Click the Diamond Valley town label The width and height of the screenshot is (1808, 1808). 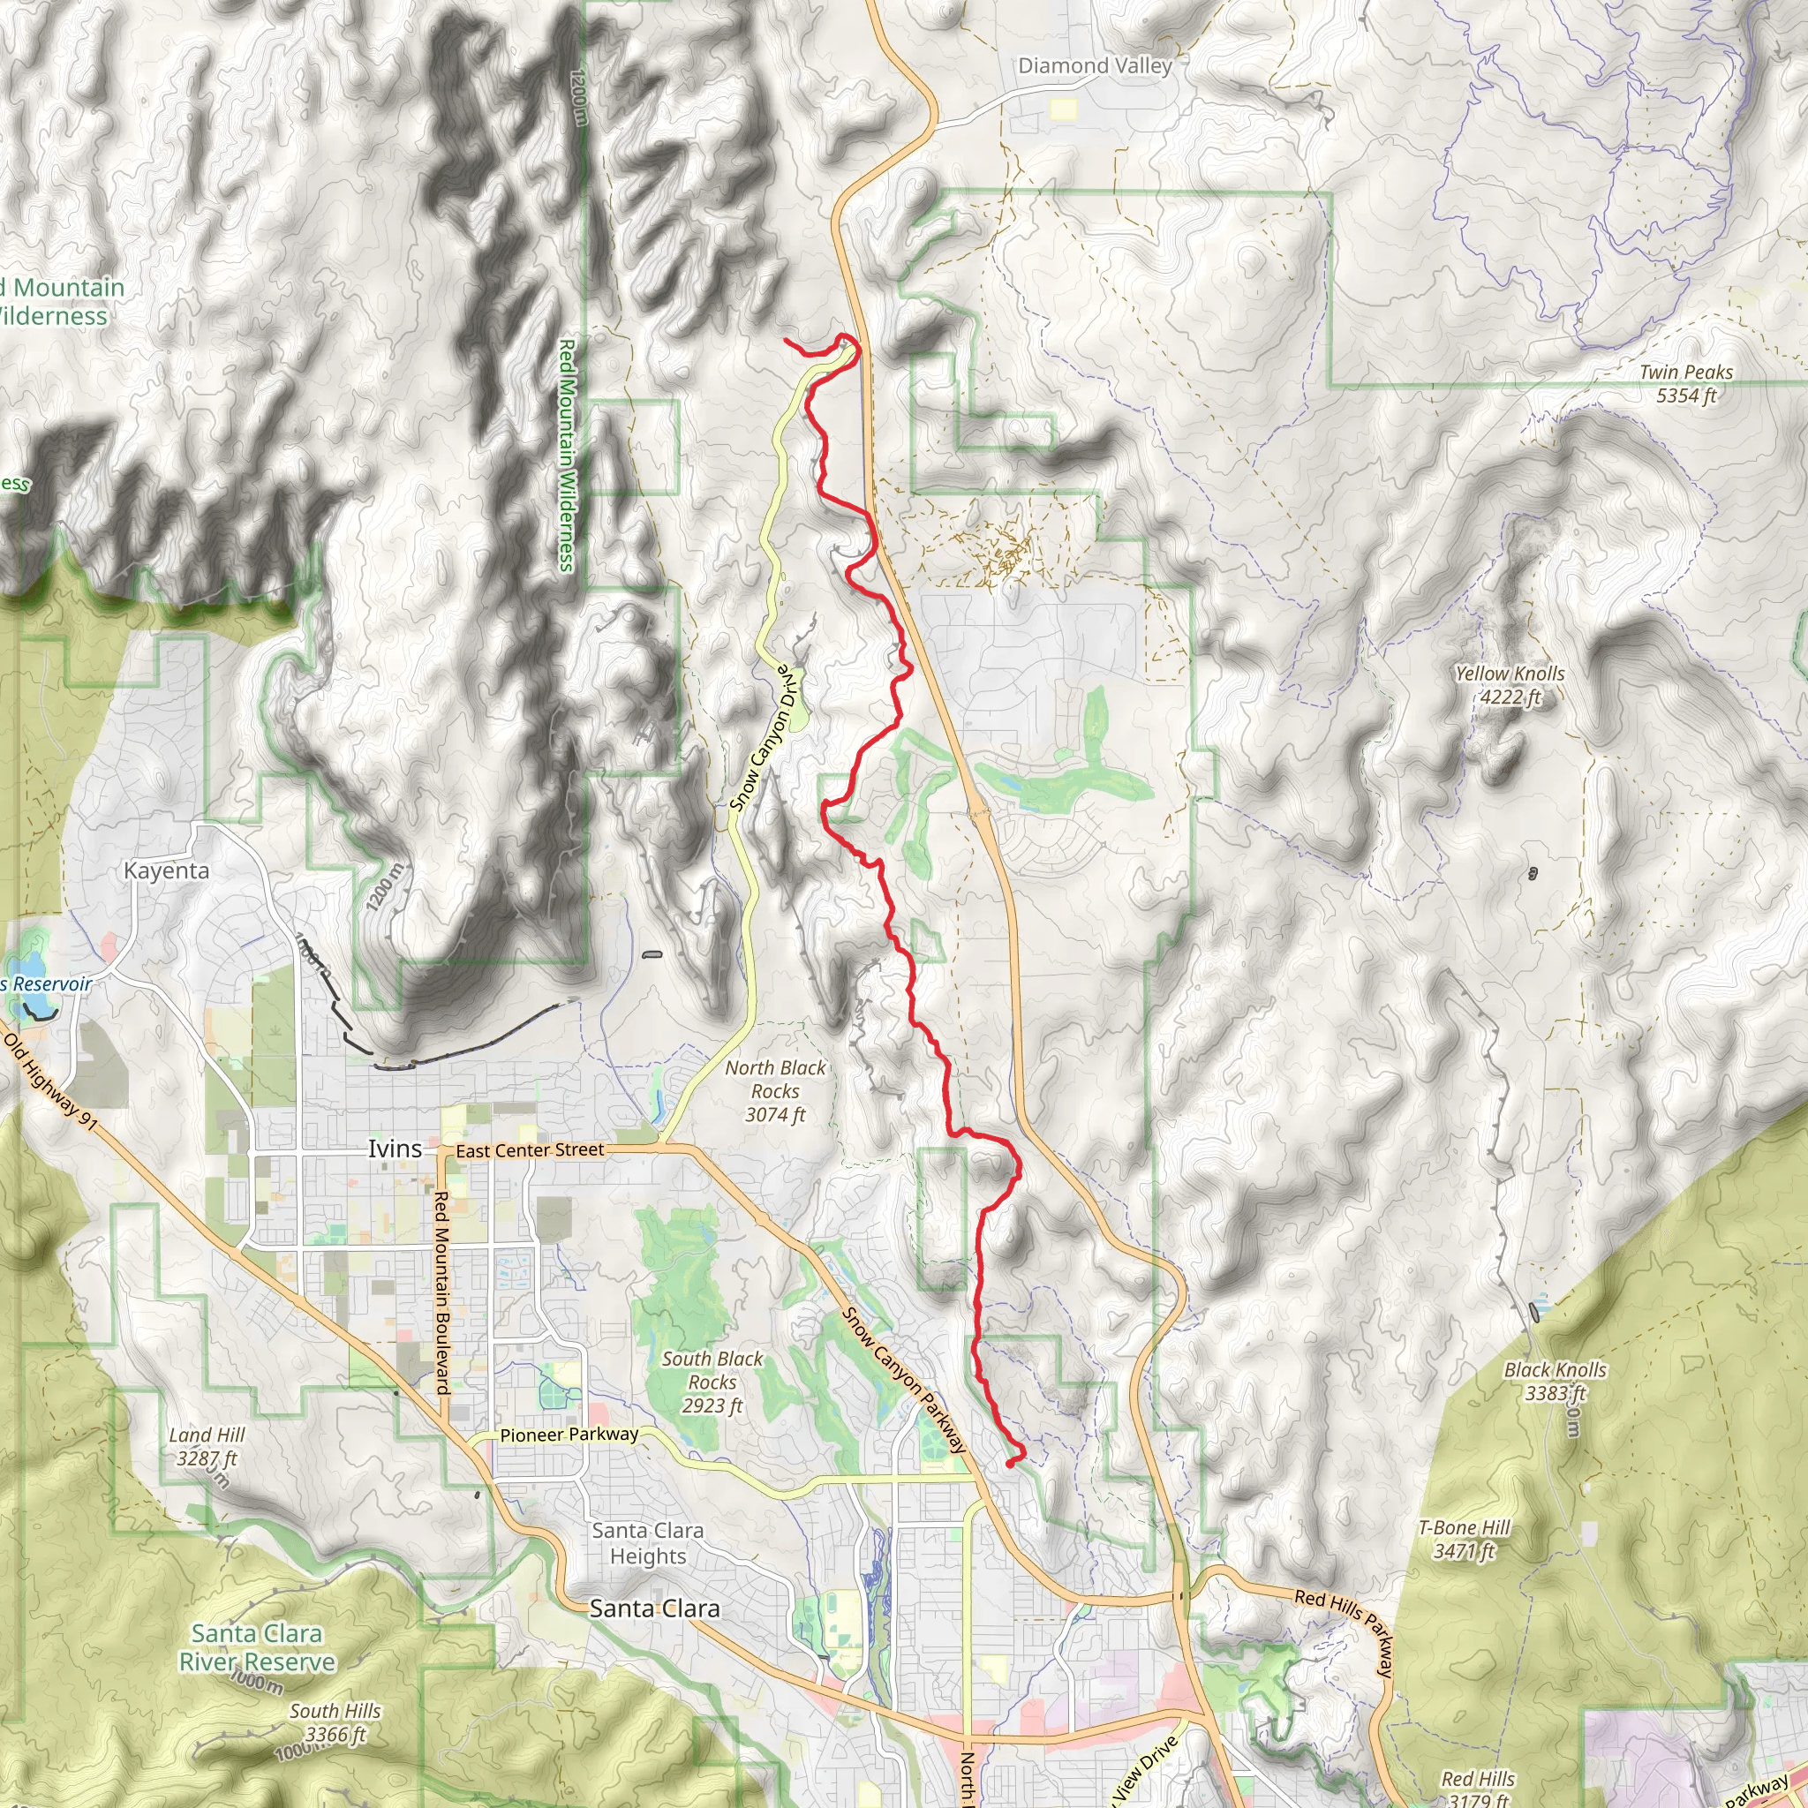click(1094, 66)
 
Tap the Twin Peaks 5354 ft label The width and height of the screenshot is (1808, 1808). click(1685, 384)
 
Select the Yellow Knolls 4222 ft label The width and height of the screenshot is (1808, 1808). click(1509, 685)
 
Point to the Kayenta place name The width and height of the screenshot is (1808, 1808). click(167, 870)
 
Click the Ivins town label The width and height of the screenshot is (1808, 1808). click(394, 1149)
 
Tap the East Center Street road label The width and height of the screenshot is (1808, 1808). click(530, 1149)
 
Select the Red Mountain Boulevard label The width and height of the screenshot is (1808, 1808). click(441, 1292)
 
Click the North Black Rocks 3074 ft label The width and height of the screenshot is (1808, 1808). click(775, 1090)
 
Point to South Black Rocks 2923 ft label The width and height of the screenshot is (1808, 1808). click(712, 1382)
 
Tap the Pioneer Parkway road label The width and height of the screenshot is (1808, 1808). click(569, 1435)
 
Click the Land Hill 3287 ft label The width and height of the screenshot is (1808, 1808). click(206, 1446)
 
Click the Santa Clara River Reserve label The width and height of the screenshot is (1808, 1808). click(256, 1648)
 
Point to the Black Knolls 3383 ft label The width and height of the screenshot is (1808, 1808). click(1555, 1382)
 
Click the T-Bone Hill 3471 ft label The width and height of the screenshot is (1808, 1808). click(1464, 1540)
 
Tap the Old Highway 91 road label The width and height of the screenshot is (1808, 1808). click(50, 1081)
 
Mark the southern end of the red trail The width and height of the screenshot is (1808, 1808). click(1008, 1463)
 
